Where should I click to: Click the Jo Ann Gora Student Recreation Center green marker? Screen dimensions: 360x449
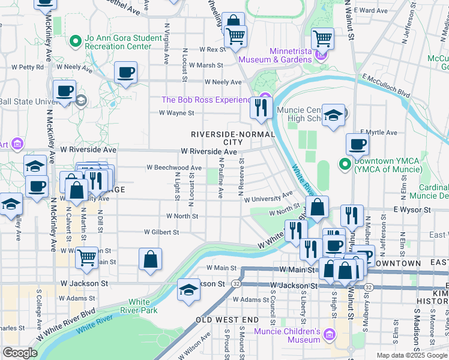[76, 41]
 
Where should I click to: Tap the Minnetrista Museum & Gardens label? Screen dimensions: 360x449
[275, 55]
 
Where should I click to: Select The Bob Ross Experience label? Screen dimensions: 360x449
[208, 100]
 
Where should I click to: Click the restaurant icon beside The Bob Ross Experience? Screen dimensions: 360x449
[261, 107]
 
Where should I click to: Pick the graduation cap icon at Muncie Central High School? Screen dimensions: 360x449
[333, 115]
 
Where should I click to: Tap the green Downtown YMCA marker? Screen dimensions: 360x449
[345, 163]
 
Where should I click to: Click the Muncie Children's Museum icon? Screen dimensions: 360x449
[329, 334]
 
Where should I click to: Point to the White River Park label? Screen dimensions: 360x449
[139, 306]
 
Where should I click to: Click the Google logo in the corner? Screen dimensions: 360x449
[20, 353]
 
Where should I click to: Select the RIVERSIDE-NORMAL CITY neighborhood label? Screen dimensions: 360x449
[232, 138]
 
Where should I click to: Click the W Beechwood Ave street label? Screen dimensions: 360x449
[174, 168]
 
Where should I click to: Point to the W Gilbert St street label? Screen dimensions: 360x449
[161, 232]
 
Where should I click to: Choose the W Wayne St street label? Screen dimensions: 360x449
[176, 113]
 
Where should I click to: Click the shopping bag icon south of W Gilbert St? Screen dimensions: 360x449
[150, 259]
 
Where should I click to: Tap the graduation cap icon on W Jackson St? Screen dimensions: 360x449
[188, 290]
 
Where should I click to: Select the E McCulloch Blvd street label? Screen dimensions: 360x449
[385, 85]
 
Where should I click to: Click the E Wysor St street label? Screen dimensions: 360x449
[412, 210]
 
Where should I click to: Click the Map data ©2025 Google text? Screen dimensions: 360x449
[411, 355]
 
